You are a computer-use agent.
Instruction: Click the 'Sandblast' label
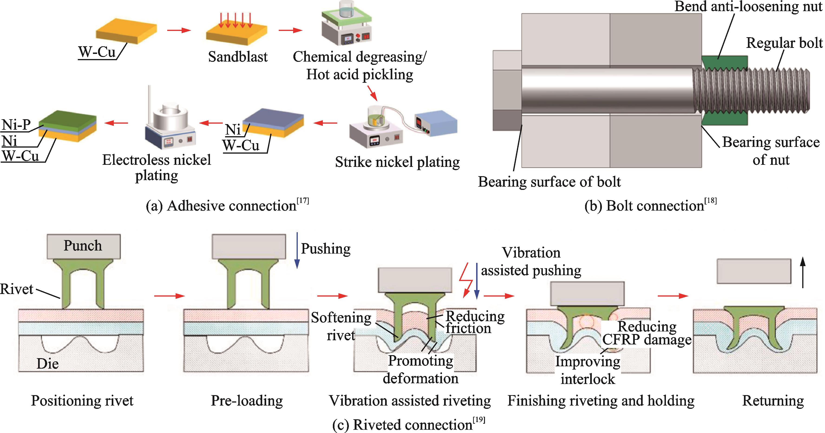coord(238,57)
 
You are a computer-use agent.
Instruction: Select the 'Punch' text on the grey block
coord(83,246)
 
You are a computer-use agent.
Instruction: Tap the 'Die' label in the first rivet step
coord(47,364)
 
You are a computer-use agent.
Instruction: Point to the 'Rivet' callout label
coord(17,289)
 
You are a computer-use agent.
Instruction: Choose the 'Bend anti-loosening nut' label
coord(748,7)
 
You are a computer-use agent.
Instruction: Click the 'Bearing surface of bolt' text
coord(549,182)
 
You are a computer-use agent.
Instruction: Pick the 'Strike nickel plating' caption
coord(397,162)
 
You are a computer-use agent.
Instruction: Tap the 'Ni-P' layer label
coord(16,125)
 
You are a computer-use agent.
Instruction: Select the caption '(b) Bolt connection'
coord(650,205)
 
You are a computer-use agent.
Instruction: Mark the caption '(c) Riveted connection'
coord(408,425)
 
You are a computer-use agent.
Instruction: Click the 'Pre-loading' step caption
coord(247,401)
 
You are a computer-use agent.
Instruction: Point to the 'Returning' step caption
coord(773,401)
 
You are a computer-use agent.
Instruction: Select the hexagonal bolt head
coord(507,91)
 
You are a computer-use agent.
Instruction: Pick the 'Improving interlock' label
coord(588,370)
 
